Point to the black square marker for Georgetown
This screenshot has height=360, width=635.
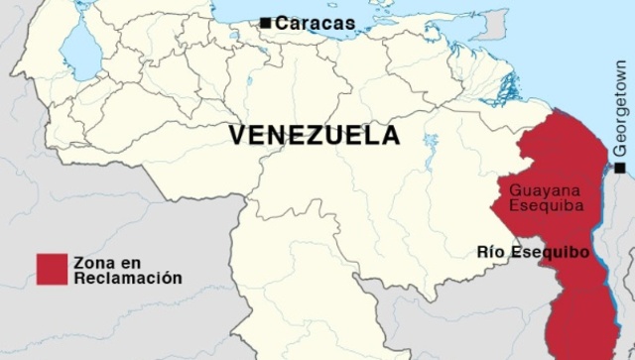tap(619, 169)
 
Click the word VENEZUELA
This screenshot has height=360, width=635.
tap(315, 135)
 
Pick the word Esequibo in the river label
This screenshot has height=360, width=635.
tap(551, 252)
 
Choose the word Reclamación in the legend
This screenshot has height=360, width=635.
tap(127, 279)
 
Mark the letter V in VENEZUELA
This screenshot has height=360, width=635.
tap(237, 135)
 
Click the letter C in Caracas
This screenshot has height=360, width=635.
tap(282, 23)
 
